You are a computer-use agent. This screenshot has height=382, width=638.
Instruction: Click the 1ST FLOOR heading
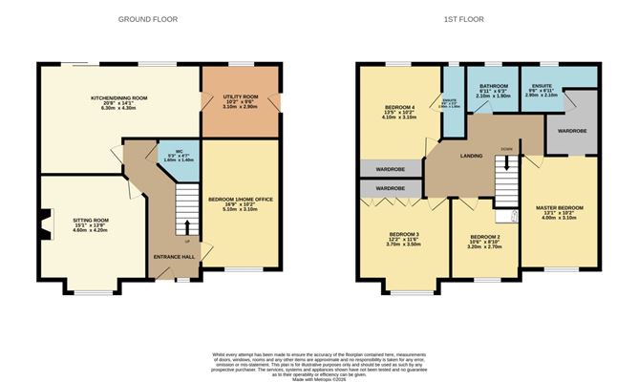(477, 19)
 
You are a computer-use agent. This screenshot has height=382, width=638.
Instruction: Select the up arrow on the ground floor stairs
(187, 227)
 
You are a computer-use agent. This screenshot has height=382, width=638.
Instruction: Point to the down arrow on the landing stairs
(506, 163)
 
